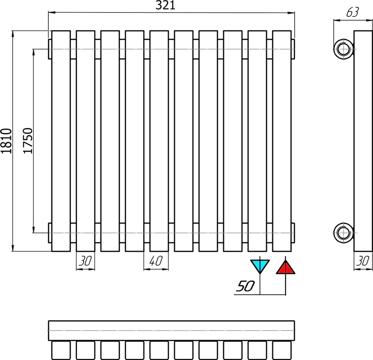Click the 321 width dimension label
point(165,5)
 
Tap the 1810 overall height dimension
point(6,141)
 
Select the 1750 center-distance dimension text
point(27,141)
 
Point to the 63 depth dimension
point(353,12)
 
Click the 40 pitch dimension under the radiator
point(156,261)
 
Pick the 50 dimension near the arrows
point(246,286)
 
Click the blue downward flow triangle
point(260,266)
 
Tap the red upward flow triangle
point(286,267)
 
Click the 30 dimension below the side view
point(363,261)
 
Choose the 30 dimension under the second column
point(85,261)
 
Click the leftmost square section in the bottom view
point(61,350)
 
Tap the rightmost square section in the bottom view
point(282,350)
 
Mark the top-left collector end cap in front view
point(50,49)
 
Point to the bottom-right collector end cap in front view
point(293,233)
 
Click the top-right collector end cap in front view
point(293,49)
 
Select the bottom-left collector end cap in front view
point(50,233)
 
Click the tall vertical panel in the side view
point(363,141)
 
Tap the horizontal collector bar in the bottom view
point(172,331)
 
